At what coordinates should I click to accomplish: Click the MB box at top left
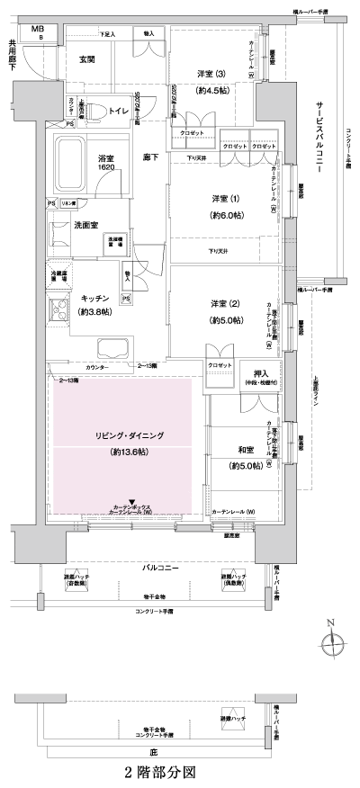coord(39,31)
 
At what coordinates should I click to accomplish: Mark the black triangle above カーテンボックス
coord(132,502)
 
